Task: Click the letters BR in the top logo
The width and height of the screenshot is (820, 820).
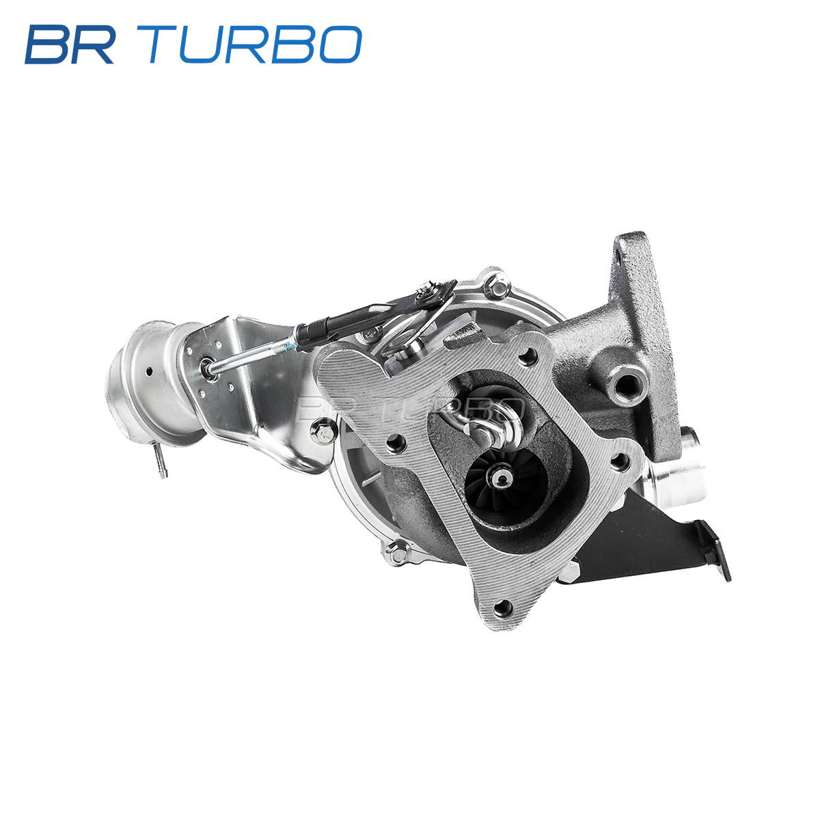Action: [70, 44]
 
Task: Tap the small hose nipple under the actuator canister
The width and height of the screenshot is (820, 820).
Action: [161, 461]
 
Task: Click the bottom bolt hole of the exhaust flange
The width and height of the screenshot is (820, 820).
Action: [504, 610]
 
